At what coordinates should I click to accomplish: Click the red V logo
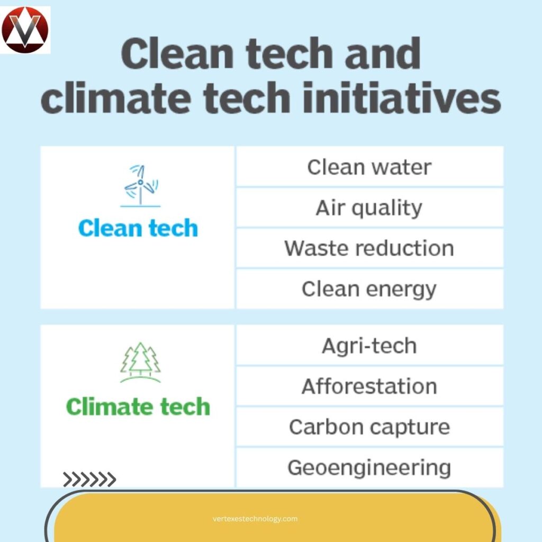pyautogui.click(x=25, y=30)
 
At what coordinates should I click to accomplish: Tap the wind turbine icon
pyautogui.click(x=141, y=185)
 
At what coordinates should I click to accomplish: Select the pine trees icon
pyautogui.click(x=140, y=362)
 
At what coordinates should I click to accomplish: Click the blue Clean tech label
pyautogui.click(x=138, y=228)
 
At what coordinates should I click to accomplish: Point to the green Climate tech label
pyautogui.click(x=138, y=406)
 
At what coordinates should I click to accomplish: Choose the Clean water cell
pyautogui.click(x=369, y=167)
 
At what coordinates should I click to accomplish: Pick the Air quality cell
pyautogui.click(x=369, y=207)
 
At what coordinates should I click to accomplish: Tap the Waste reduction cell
pyautogui.click(x=369, y=248)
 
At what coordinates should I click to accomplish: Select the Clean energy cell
pyautogui.click(x=369, y=289)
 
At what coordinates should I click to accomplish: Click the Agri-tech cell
pyautogui.click(x=369, y=346)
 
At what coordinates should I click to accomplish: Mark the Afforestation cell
pyautogui.click(x=369, y=386)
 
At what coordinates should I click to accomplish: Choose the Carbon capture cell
pyautogui.click(x=369, y=427)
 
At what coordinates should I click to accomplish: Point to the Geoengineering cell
pyautogui.click(x=369, y=467)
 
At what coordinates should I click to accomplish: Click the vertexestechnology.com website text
pyautogui.click(x=255, y=519)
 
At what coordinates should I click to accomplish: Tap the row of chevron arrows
pyautogui.click(x=89, y=480)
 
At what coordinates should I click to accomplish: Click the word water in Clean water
pyautogui.click(x=402, y=167)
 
